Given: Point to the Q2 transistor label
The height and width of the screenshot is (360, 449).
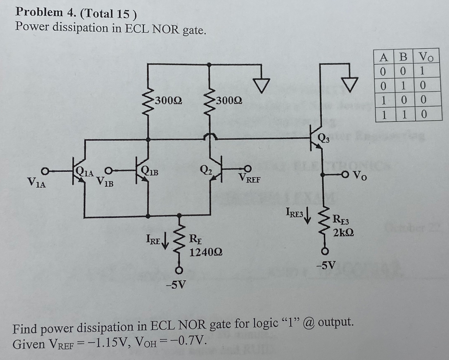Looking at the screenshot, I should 205,170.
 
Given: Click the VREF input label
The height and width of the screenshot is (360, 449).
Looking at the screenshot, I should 249,178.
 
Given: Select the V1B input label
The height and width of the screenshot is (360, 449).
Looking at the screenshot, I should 105,181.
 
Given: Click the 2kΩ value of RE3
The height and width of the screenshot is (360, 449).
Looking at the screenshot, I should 343,232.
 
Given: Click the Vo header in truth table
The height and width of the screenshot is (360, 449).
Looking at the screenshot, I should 425,57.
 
